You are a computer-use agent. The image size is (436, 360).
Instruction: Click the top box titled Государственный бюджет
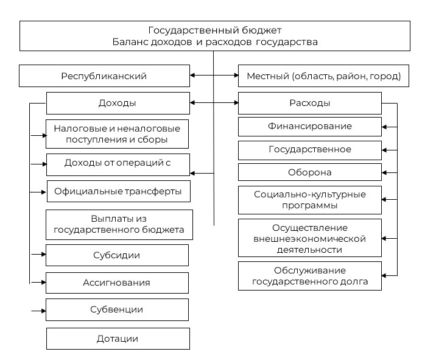[x=215, y=36]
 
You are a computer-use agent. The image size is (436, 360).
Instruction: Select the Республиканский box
[x=104, y=76]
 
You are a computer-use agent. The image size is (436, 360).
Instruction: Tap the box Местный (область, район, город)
[x=323, y=76]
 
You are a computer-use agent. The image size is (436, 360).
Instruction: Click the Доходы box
[x=118, y=103]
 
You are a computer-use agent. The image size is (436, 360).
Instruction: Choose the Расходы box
[x=309, y=103]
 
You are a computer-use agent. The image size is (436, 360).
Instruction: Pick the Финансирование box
[x=309, y=127]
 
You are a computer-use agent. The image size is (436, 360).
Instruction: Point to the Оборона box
[x=309, y=172]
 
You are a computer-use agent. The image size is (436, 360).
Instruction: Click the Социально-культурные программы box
[x=309, y=200]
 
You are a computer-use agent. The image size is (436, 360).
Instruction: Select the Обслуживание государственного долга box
[x=309, y=277]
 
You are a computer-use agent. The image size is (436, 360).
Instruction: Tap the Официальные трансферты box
[x=118, y=191]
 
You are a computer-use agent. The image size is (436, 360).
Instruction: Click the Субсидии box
[x=117, y=255]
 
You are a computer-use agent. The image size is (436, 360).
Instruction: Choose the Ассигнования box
[x=117, y=283]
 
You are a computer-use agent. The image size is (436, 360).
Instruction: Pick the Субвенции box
[x=117, y=309]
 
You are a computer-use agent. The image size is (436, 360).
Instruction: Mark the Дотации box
[x=118, y=338]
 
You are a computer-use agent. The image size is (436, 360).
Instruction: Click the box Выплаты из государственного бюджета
[x=119, y=225]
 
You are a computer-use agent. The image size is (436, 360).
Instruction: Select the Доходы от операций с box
[x=118, y=163]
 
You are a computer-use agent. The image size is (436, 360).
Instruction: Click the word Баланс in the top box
[x=129, y=42]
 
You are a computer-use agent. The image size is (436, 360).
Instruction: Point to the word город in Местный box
[x=387, y=77]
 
